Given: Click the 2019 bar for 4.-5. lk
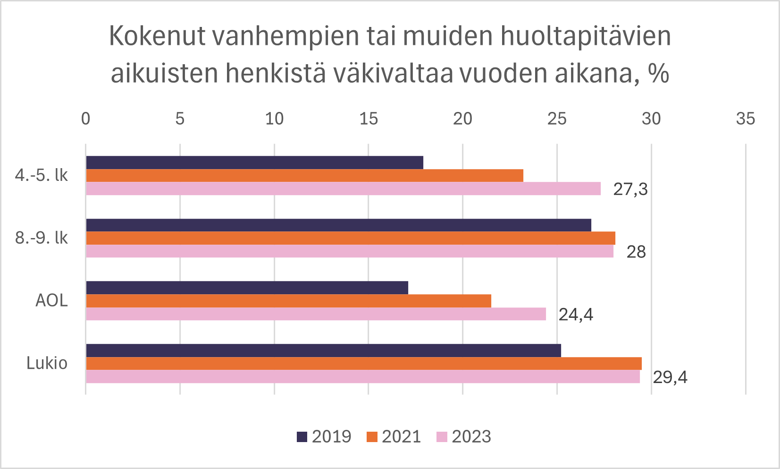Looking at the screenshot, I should (x=255, y=162).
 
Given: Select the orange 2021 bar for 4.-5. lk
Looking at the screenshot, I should (x=304, y=176).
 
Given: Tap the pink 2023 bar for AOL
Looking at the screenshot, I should (x=316, y=314).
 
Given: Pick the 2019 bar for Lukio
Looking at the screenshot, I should (x=323, y=350).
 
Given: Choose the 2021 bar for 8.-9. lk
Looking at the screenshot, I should (x=351, y=238).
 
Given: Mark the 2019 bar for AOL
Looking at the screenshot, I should (x=247, y=288).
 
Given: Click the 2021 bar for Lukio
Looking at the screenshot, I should (x=363, y=364).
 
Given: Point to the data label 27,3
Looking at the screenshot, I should (x=630, y=189).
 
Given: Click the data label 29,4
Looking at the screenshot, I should (x=670, y=377).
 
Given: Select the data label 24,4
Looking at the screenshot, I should (x=576, y=315).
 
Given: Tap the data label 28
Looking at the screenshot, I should (x=636, y=252).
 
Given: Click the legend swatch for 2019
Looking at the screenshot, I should (x=302, y=437).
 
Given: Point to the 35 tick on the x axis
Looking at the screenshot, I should (x=745, y=119).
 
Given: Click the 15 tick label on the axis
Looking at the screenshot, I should (x=369, y=119).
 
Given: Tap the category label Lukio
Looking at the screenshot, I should (x=47, y=363).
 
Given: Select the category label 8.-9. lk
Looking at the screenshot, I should (x=42, y=238).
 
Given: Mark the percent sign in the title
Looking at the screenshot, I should (x=658, y=74).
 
